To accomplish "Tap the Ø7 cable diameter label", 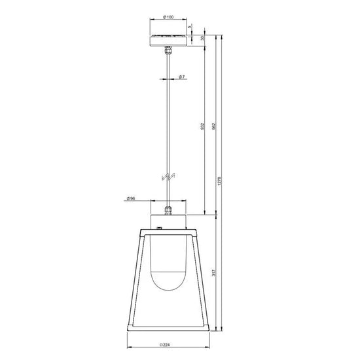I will click(x=182, y=78).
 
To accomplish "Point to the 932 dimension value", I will click(x=203, y=126).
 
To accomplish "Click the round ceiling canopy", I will click(x=169, y=38).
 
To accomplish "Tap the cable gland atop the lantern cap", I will click(x=169, y=211).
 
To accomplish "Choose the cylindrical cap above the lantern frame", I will click(x=169, y=220).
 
